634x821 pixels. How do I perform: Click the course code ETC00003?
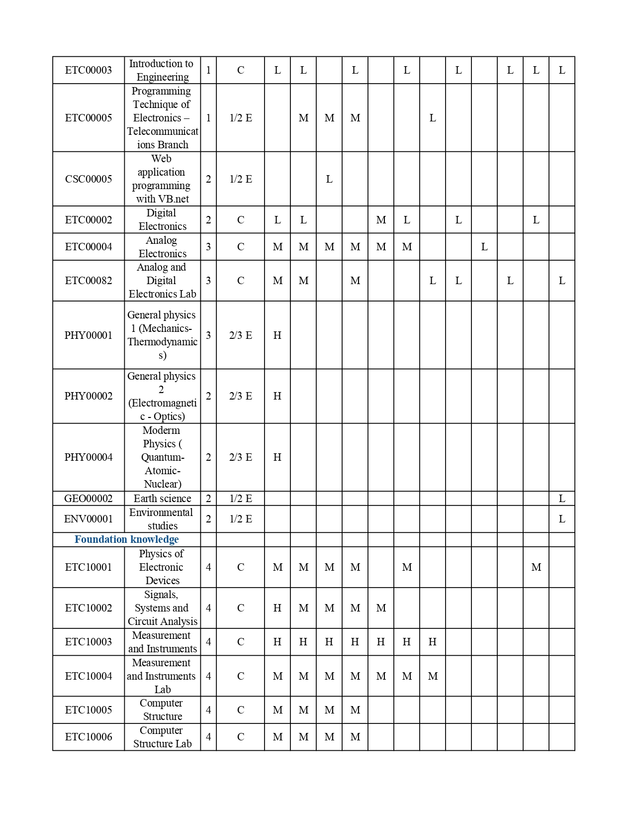[x=89, y=70]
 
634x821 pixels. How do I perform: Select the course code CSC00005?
[x=89, y=179]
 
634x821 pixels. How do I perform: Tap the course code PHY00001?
[x=89, y=335]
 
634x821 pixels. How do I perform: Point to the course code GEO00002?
[x=89, y=499]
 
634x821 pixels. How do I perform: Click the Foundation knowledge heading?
[x=126, y=539]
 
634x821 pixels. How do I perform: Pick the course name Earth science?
[x=162, y=499]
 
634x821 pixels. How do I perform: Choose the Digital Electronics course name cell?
[x=162, y=219]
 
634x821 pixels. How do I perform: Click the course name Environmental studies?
[x=162, y=519]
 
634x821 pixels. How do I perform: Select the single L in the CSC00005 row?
[x=329, y=179]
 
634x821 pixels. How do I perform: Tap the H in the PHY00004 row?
[x=277, y=457]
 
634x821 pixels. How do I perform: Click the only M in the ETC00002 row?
[x=381, y=220]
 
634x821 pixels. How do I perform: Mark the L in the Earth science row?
[x=562, y=499]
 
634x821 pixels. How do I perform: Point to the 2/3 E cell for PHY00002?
[x=241, y=396]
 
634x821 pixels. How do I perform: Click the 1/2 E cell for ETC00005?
[x=241, y=118]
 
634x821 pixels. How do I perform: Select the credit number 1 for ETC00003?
[x=208, y=70]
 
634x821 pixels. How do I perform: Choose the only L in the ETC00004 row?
[x=484, y=247]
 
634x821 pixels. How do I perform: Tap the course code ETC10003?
[x=89, y=642]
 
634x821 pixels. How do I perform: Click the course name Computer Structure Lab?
[x=162, y=737]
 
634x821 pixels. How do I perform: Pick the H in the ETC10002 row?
[x=277, y=608]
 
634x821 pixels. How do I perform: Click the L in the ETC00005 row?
[x=433, y=118]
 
